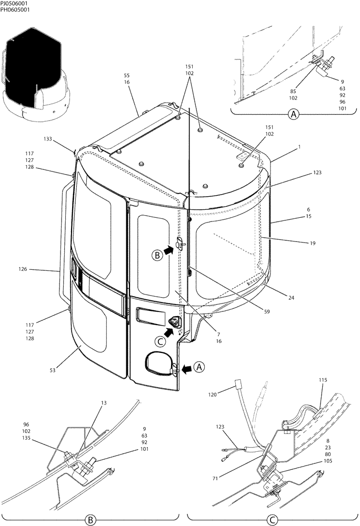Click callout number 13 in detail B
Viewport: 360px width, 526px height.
click(104, 403)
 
